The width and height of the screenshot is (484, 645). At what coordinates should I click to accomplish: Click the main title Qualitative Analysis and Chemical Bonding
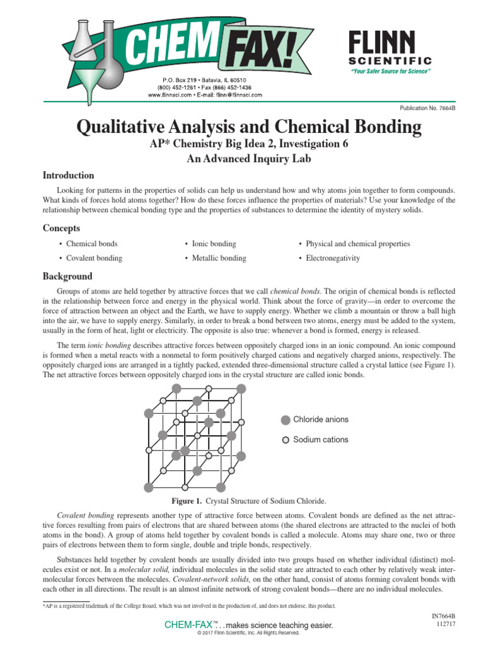(249, 128)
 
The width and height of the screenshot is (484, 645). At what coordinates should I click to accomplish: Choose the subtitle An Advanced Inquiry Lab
(249, 159)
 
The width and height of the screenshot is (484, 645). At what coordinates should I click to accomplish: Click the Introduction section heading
(68, 176)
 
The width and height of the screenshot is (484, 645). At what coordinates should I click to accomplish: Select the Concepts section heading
(61, 228)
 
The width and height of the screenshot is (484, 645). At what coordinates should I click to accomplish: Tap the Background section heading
(67, 277)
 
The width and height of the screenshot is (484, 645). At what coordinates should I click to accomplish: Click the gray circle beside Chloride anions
(285, 420)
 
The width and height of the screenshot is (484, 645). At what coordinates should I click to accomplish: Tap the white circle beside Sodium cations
(285, 440)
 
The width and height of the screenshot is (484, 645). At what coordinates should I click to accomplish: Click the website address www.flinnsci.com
(170, 95)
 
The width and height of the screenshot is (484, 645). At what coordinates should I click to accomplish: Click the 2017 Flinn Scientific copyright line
(248, 632)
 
